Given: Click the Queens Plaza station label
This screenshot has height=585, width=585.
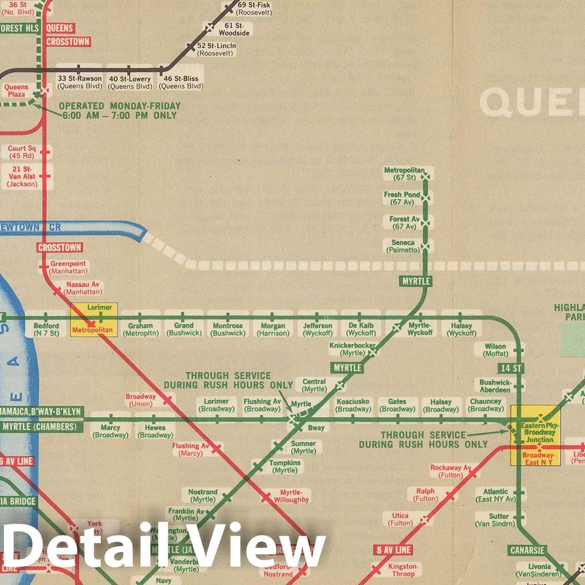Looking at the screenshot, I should click(x=16, y=91).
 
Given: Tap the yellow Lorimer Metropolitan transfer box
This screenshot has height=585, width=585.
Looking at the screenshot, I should click(x=94, y=319).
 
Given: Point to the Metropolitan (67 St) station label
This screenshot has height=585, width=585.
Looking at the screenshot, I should click(x=405, y=174).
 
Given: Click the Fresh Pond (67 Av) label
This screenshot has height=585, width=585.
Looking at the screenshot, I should click(x=402, y=198).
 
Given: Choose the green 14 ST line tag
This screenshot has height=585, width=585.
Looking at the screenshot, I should click(x=511, y=368).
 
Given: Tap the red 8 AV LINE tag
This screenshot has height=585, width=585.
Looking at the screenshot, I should click(x=393, y=550).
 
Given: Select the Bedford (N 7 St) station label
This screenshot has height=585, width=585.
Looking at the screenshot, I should click(x=46, y=330).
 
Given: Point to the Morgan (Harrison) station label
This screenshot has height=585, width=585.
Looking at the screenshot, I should click(x=273, y=330).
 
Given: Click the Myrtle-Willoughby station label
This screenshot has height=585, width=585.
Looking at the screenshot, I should click(x=294, y=496).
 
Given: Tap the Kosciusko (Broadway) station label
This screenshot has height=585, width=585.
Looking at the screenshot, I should click(x=352, y=405).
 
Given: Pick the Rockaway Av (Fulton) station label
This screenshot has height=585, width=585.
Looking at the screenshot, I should click(x=450, y=471).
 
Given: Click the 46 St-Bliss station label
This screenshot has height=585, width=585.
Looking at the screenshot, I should click(x=181, y=82).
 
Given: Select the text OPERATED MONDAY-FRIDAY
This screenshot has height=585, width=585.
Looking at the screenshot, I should click(x=120, y=106).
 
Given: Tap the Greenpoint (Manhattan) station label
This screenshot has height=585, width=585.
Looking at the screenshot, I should click(x=68, y=267).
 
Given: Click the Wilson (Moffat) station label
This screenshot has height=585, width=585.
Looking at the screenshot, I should click(x=495, y=350).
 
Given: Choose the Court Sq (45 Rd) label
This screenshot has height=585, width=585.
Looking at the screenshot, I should click(x=21, y=152).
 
